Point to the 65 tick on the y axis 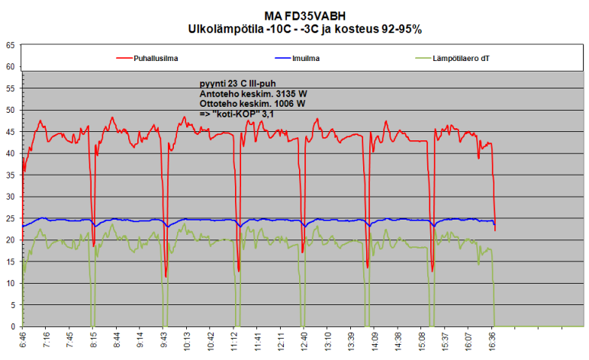point(9,45)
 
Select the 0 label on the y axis point(11,327)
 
